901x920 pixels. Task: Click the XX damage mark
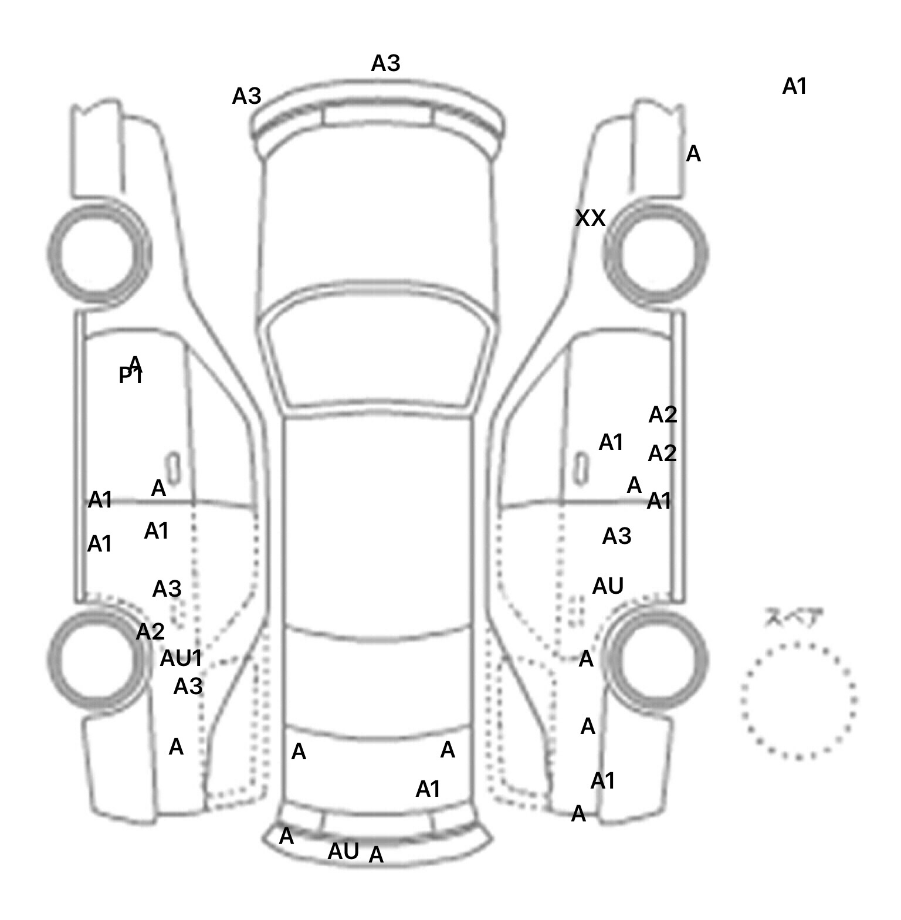pos(590,218)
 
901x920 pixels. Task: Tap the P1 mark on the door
pos(130,376)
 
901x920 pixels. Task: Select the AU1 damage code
pos(181,659)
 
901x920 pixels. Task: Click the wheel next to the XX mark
pos(656,254)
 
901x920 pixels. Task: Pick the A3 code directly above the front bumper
pos(385,63)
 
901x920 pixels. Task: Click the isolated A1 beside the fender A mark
pos(795,87)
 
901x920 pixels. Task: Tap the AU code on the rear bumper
pos(343,851)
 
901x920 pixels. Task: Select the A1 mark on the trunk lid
pos(428,790)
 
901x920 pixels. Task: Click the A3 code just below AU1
pos(188,686)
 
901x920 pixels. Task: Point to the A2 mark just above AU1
pos(150,632)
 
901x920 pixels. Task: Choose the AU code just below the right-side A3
pos(608,586)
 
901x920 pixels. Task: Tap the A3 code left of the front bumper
pos(246,96)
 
